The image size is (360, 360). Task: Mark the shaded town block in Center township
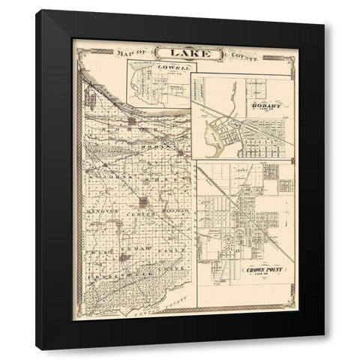coord(142,202)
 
